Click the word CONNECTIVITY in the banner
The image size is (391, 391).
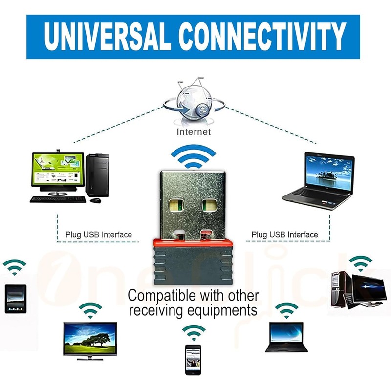click(262, 36)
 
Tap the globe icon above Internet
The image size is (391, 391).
click(194, 101)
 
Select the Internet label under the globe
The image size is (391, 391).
click(194, 132)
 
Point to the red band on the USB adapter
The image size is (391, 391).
click(194, 240)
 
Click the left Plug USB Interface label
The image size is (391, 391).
click(99, 235)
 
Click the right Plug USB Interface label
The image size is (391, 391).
click(285, 235)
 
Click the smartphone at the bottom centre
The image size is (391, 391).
click(194, 359)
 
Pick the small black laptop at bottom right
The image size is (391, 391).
click(286, 338)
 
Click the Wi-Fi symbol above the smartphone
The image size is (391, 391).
click(194, 332)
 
